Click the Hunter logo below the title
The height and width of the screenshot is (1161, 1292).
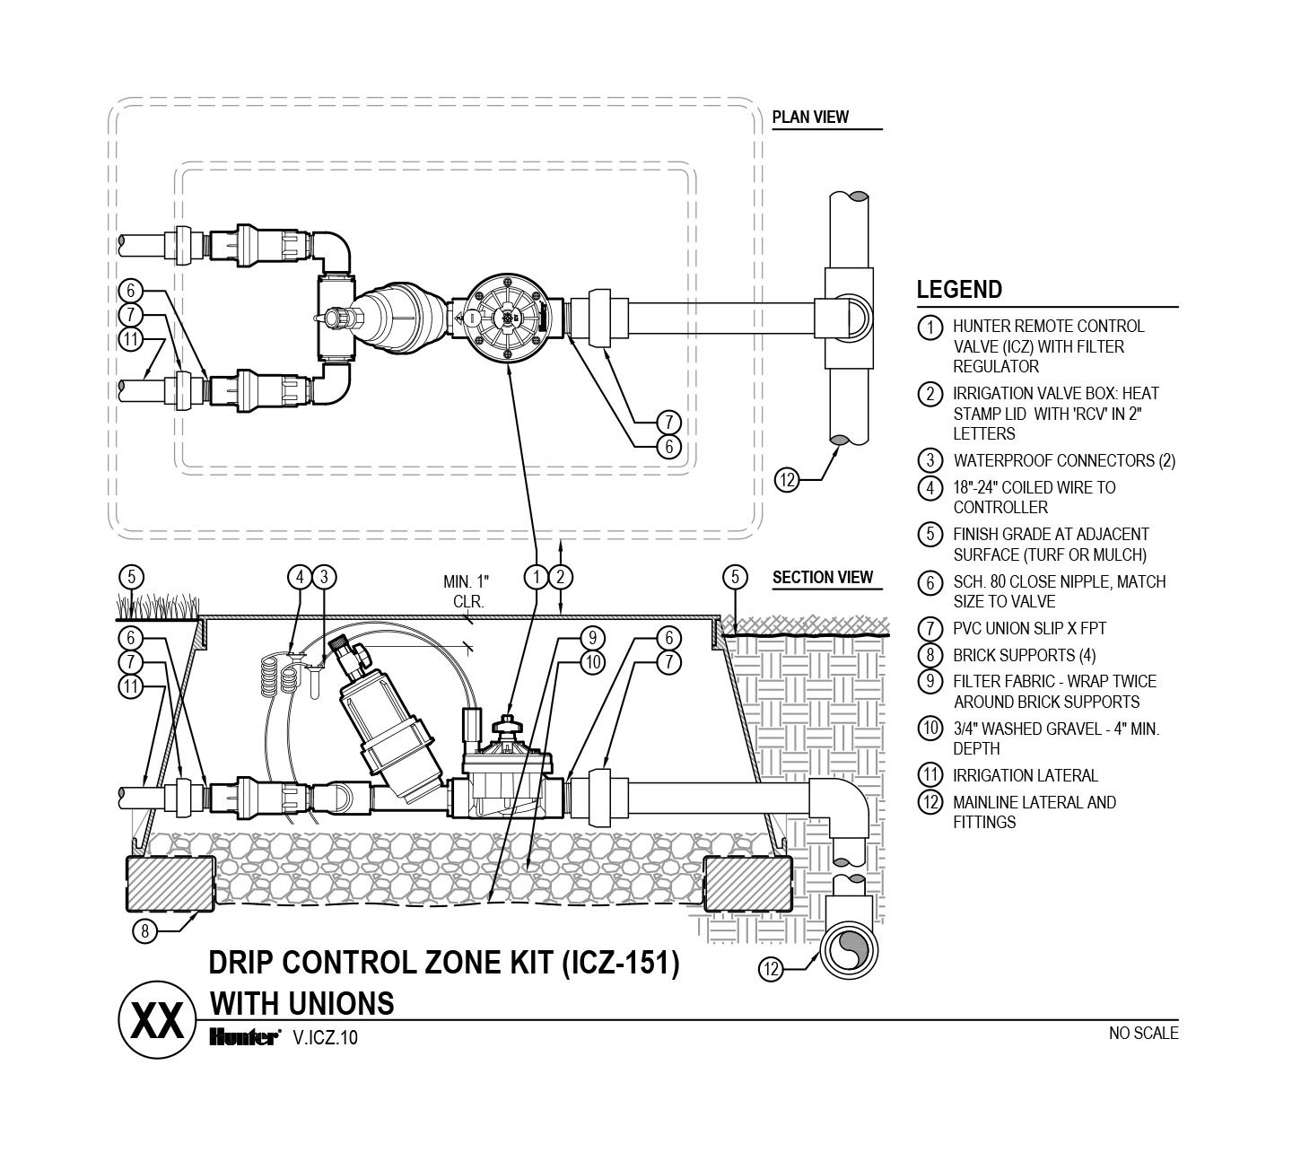(245, 1038)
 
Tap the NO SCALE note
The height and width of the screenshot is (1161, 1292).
(1144, 1034)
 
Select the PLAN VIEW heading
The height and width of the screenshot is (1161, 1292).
(810, 117)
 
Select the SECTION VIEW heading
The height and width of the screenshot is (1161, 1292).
(822, 577)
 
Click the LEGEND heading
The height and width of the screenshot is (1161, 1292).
(959, 290)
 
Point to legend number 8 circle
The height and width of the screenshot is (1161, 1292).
(930, 655)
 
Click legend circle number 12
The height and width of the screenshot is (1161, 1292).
(930, 803)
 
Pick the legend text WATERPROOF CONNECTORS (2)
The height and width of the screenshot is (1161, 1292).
(1063, 461)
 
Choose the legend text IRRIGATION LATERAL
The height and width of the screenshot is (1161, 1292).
(1026, 775)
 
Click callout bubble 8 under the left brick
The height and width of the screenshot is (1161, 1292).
(145, 931)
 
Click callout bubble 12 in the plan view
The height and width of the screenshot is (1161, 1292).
(787, 481)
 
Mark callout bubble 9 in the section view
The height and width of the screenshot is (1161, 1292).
(591, 638)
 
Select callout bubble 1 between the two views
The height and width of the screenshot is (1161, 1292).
(536, 576)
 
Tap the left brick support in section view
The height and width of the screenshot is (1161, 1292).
(171, 882)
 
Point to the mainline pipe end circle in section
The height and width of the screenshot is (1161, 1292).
(848, 952)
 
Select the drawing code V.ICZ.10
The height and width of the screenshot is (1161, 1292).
(326, 1039)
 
